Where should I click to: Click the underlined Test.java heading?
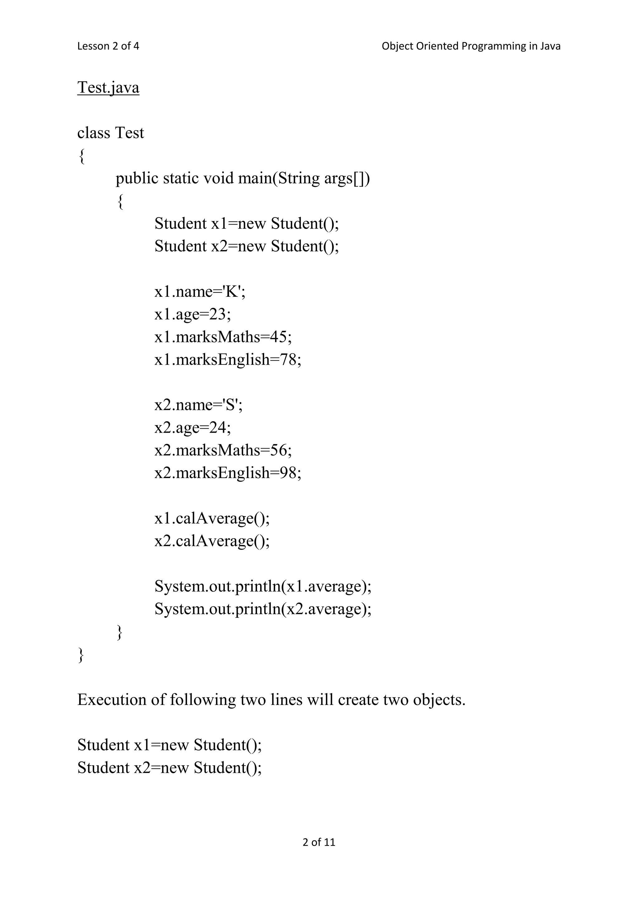(x=108, y=87)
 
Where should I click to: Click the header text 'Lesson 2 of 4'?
(x=108, y=46)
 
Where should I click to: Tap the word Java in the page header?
(x=550, y=46)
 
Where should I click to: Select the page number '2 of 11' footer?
(x=319, y=842)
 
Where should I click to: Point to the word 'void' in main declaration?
(x=218, y=178)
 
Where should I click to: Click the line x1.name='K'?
(x=200, y=292)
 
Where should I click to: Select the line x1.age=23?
(x=193, y=314)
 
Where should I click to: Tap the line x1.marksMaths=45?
(x=223, y=337)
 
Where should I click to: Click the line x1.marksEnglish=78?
(x=228, y=359)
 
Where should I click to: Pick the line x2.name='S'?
(x=198, y=405)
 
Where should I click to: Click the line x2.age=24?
(x=193, y=427)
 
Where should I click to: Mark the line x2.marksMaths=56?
(x=223, y=450)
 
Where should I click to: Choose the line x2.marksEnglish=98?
(x=228, y=472)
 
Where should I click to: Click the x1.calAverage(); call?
(x=212, y=518)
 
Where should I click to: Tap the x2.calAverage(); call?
(x=212, y=541)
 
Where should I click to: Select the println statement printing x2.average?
(x=263, y=609)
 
